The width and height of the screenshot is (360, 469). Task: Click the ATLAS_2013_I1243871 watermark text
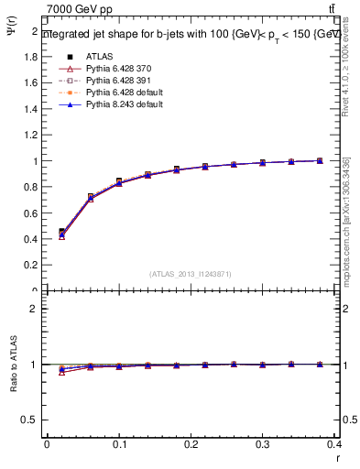pyautogui.click(x=191, y=274)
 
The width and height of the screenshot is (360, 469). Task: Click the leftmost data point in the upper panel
pyautogui.click(x=61, y=233)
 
